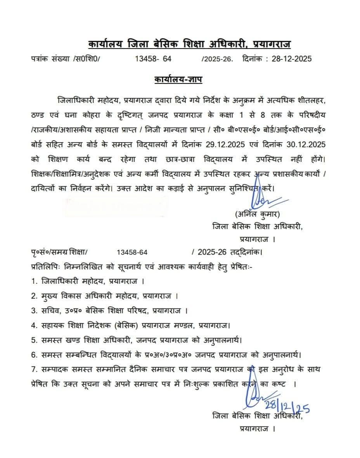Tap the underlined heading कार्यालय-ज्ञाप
coord(178,80)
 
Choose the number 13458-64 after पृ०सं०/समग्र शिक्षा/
coord(132,252)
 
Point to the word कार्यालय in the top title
coord(106,43)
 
